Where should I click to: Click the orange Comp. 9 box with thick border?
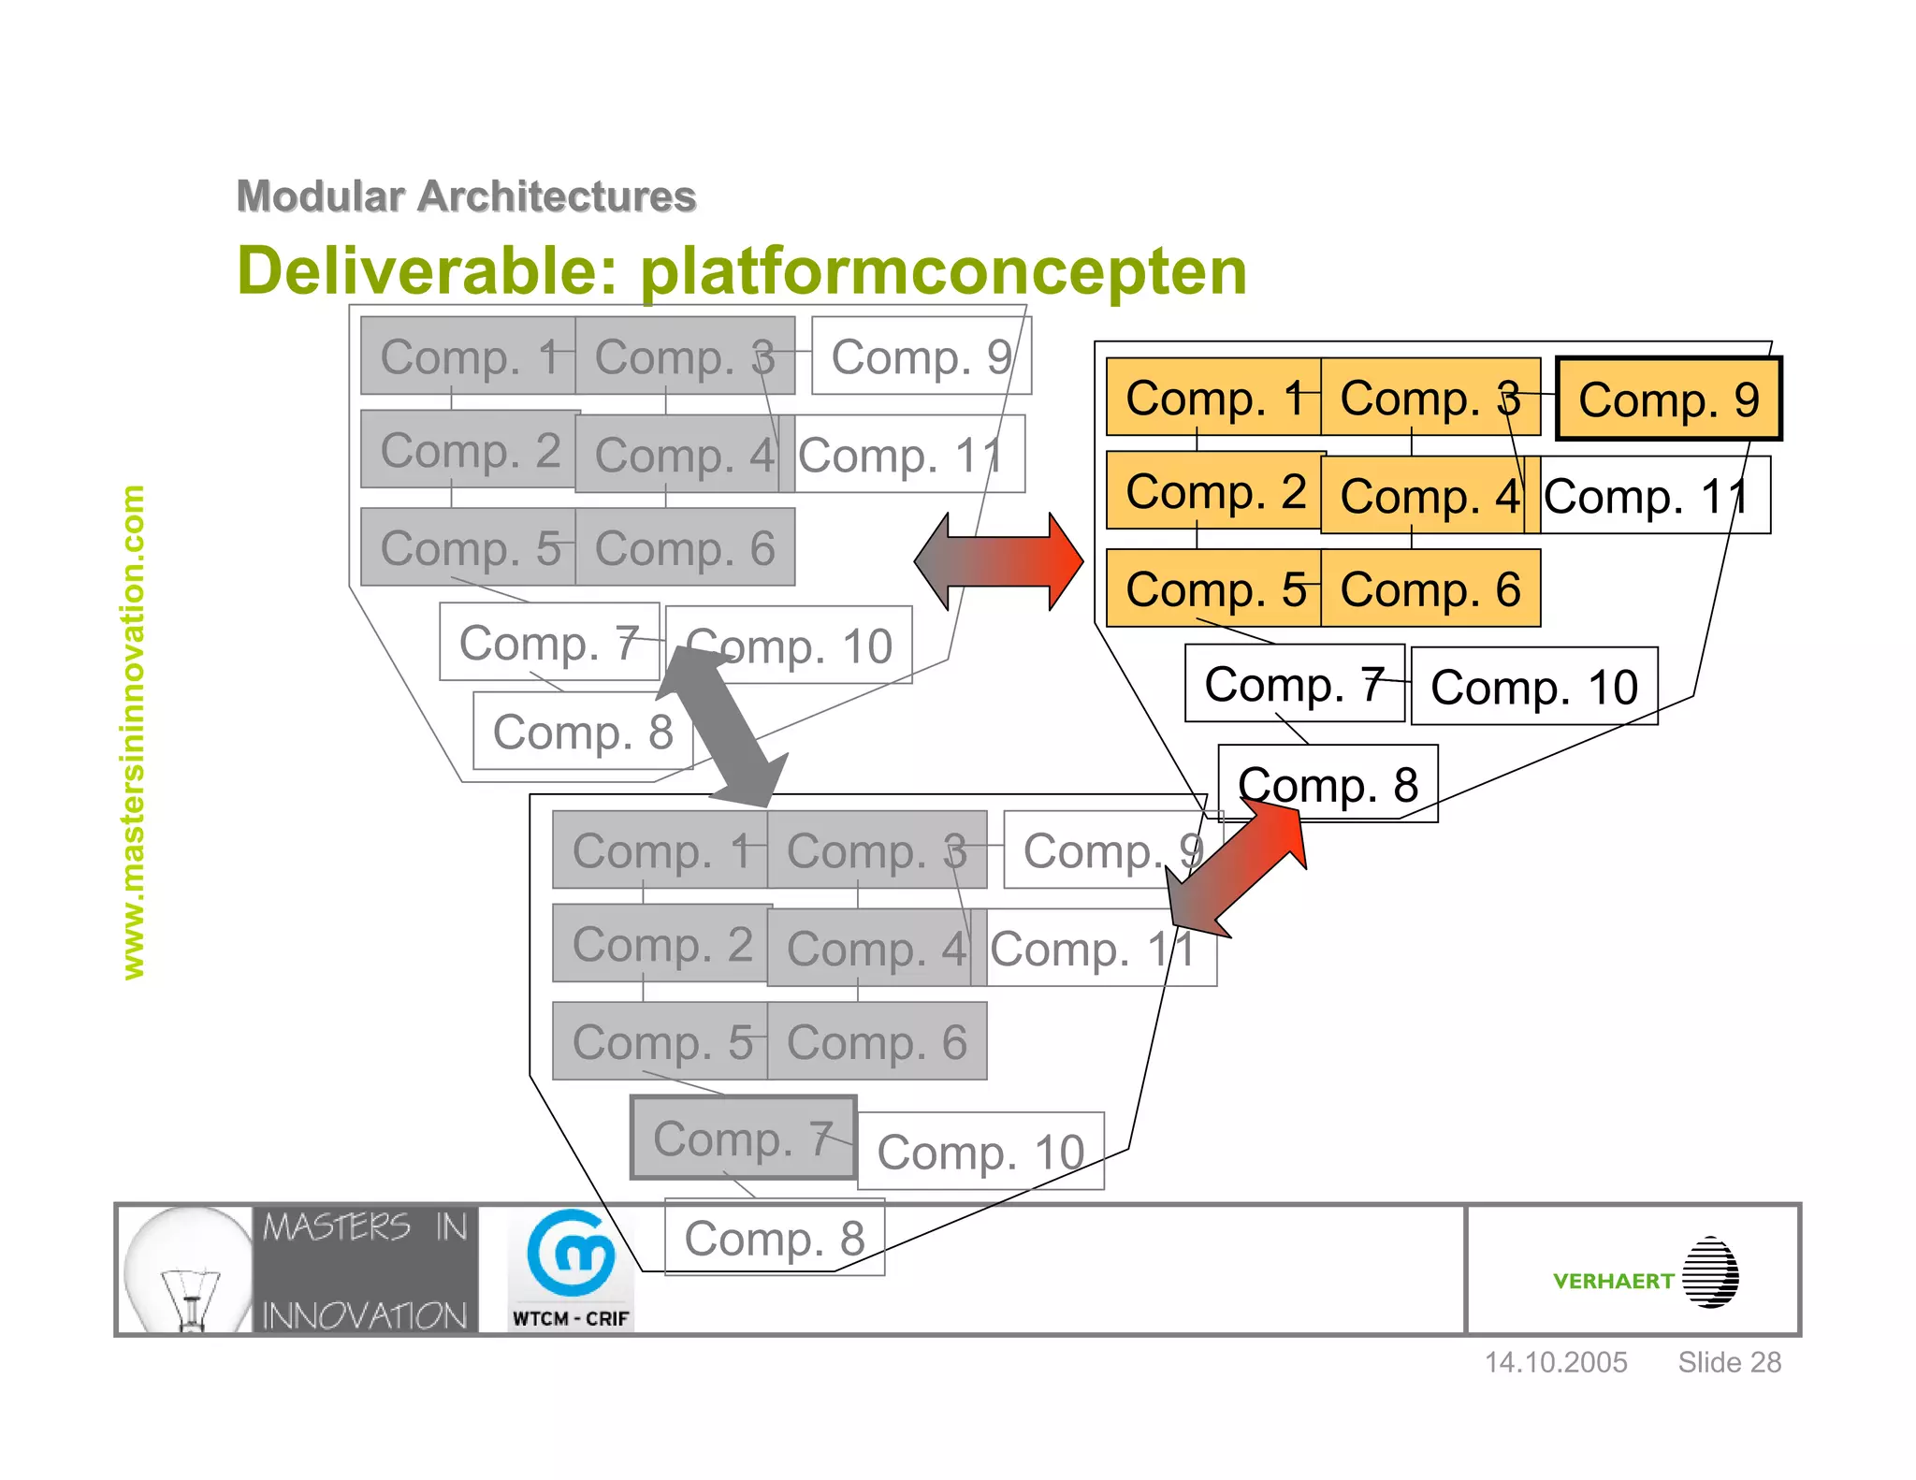1669,399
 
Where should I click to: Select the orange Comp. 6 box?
1430,589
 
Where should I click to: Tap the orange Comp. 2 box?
1213,491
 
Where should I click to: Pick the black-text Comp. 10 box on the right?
1534,687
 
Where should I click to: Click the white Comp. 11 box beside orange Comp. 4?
1652,496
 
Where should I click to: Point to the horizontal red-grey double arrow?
998,561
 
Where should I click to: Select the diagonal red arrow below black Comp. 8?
1238,871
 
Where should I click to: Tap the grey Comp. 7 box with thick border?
743,1139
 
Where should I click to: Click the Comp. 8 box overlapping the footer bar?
775,1238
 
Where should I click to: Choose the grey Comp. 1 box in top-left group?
468,356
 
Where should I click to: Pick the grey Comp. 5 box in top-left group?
468,548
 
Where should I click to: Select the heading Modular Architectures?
466,196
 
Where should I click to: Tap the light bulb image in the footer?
187,1270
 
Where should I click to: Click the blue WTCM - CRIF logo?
571,1268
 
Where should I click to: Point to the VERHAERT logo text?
1613,1281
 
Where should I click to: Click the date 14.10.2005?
1556,1362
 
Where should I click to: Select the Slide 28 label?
1729,1362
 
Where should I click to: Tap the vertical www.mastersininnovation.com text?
134,732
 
